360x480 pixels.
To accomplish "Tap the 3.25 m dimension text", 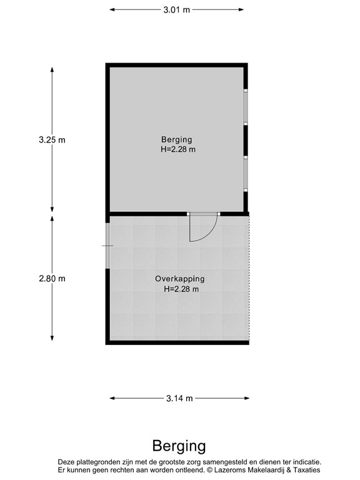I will click(52, 140).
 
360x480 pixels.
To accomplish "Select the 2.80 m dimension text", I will click(52, 279).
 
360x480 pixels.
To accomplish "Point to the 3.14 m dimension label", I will click(179, 398).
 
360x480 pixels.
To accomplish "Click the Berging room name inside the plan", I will click(176, 139).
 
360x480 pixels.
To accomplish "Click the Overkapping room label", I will click(180, 279).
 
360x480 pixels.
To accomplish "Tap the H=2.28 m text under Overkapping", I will click(181, 289).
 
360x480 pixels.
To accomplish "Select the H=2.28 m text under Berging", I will click(177, 149).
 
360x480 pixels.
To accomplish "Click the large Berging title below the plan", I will click(179, 446).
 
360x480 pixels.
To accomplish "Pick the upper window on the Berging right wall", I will click(246, 107).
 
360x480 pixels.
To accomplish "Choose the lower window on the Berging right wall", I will click(246, 172).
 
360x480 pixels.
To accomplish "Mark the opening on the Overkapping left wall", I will click(107, 246).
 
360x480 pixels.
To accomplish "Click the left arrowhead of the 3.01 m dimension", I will click(112, 9).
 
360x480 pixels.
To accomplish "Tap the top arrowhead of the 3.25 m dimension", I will click(52, 69).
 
